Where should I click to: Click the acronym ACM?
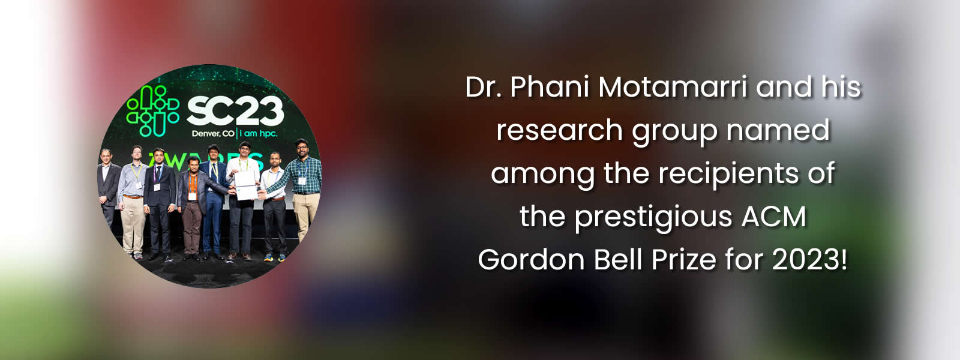774,217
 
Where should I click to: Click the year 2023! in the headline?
809,260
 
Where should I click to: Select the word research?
560,130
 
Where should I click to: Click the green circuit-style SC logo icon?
152,110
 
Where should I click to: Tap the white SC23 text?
235,111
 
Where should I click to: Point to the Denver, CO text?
213,134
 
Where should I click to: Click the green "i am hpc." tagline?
259,134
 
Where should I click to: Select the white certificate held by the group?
246,185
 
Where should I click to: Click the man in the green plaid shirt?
304,188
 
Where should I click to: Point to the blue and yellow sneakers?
275,257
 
